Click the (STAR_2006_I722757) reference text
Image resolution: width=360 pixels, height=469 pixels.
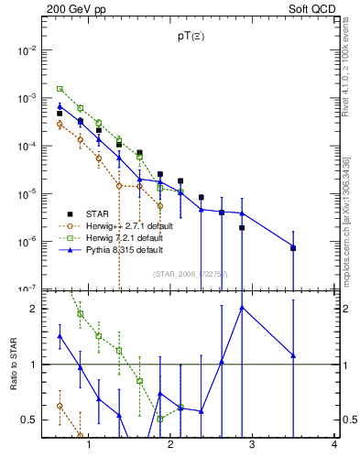click(x=191, y=274)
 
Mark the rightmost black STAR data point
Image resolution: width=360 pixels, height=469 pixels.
click(x=293, y=248)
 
